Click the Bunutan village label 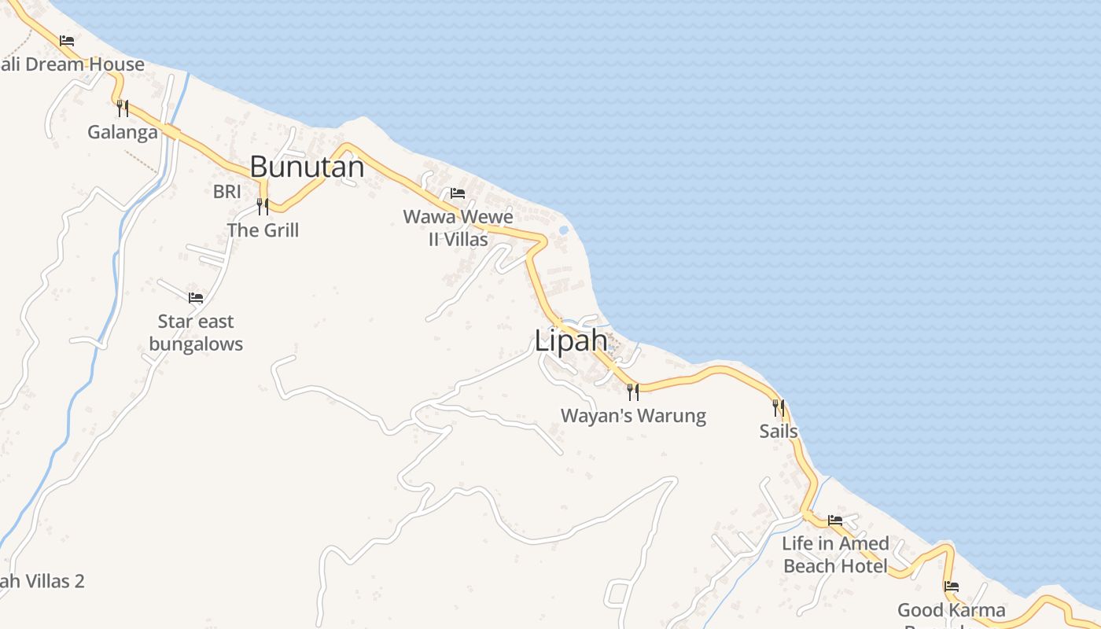(x=307, y=167)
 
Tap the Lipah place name (x=571, y=341)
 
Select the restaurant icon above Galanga (x=123, y=108)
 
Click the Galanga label (x=123, y=132)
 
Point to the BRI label (x=226, y=191)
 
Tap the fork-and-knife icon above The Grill (x=263, y=207)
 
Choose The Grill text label (x=263, y=230)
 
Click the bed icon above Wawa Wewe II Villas (x=458, y=193)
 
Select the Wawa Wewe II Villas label (x=458, y=228)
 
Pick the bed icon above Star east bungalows (x=196, y=298)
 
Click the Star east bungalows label (x=196, y=333)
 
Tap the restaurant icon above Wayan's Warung (x=633, y=392)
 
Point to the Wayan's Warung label (x=633, y=416)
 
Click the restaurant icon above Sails (x=779, y=407)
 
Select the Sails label (x=779, y=432)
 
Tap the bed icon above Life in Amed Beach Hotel (x=835, y=520)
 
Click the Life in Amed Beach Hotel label (x=835, y=554)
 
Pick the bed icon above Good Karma (x=952, y=587)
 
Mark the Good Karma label (x=952, y=610)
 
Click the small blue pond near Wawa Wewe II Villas (x=563, y=230)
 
